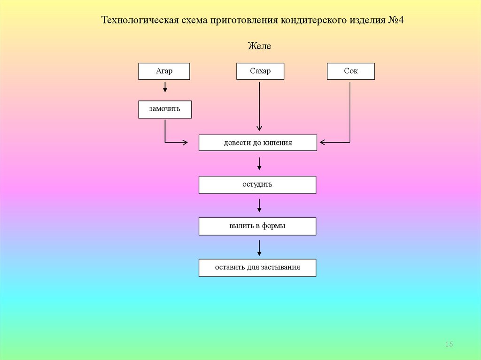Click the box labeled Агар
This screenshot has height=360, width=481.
(164, 71)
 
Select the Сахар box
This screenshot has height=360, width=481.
(260, 71)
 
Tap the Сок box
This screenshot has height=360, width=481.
(350, 71)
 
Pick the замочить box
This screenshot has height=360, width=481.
(165, 109)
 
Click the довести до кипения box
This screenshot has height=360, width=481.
(257, 143)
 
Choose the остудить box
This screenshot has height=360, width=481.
(257, 184)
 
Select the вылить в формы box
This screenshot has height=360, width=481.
(257, 226)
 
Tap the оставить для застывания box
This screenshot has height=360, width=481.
(257, 268)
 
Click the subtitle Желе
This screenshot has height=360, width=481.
(259, 46)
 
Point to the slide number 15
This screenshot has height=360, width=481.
(449, 345)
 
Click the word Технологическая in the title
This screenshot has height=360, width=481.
(140, 21)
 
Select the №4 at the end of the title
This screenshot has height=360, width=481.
(396, 21)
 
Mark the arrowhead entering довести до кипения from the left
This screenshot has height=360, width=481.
(185, 142)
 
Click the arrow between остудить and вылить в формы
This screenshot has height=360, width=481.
(259, 205)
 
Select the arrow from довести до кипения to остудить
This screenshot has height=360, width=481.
(259, 163)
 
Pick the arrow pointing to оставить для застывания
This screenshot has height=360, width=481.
(259, 247)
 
